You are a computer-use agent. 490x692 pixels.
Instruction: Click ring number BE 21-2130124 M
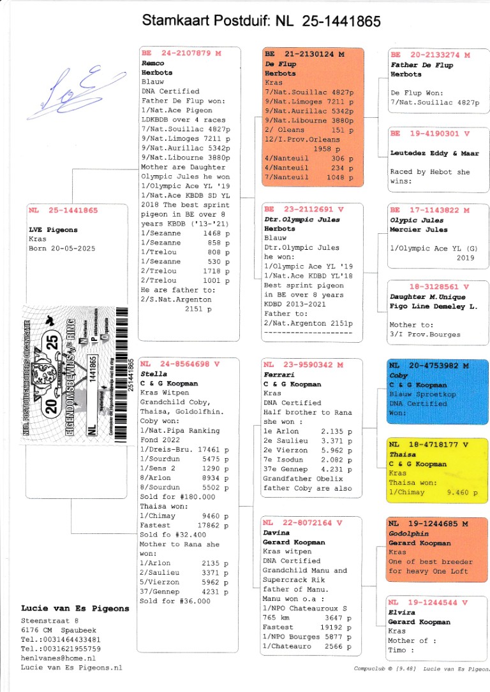[x=304, y=55]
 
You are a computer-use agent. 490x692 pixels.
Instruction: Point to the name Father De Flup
[x=421, y=65]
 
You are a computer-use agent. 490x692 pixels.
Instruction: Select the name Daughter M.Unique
[x=427, y=297]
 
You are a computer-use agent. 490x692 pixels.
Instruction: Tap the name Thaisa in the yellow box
[x=402, y=455]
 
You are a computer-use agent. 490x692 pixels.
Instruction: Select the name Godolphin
[x=408, y=533]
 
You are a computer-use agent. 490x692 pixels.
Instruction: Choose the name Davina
[x=276, y=533]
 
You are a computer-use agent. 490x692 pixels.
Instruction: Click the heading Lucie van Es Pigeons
[x=75, y=609]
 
